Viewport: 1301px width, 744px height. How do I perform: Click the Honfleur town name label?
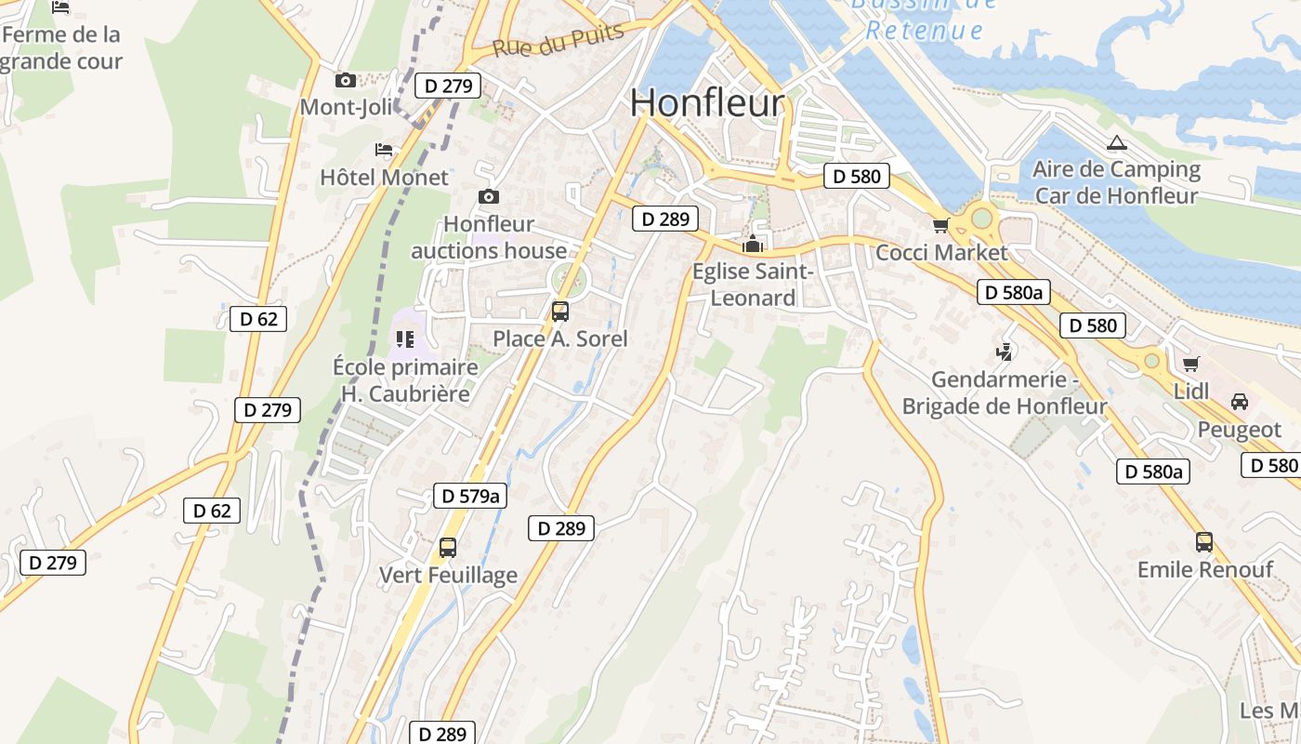(707, 102)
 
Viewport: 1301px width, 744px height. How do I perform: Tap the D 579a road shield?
(471, 496)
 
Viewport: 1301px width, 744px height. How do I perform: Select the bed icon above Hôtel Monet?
(384, 150)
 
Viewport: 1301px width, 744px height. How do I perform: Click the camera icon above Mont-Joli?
(346, 81)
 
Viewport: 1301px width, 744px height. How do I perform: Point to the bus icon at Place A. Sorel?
(559, 312)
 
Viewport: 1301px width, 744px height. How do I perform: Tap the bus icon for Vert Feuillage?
(447, 548)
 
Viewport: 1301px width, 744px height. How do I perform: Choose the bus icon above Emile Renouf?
(1204, 541)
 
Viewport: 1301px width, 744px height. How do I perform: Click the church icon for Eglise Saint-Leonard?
(752, 245)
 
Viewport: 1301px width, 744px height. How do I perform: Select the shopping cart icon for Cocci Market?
(940, 225)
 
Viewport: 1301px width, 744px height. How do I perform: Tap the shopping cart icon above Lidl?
(1190, 364)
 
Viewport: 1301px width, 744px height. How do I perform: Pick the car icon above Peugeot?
(1239, 402)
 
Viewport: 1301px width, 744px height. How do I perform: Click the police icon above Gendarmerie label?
(1004, 352)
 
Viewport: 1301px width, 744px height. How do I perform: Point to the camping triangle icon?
(1116, 143)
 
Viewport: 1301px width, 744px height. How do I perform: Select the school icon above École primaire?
(404, 339)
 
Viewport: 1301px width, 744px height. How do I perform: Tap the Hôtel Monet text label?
(384, 177)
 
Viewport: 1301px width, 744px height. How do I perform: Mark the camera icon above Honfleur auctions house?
(488, 196)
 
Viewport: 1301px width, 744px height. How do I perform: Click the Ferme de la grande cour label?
(61, 48)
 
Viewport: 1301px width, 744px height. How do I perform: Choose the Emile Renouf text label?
(1204, 569)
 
